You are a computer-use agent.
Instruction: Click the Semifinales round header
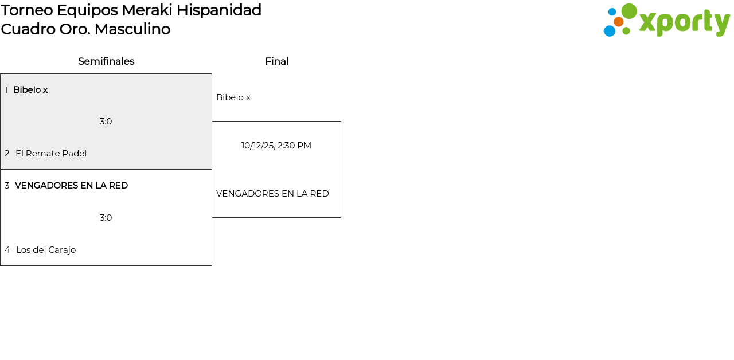click(x=106, y=61)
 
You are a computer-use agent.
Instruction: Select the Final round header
click(x=276, y=61)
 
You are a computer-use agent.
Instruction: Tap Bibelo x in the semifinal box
click(x=30, y=90)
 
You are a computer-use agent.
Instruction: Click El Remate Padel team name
click(x=51, y=154)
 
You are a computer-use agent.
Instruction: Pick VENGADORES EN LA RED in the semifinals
click(x=71, y=186)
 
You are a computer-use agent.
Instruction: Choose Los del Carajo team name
click(x=46, y=250)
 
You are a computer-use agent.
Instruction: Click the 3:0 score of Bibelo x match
click(x=106, y=122)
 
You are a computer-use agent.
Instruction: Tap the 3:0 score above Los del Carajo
click(x=106, y=218)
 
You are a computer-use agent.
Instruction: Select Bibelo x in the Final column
click(x=233, y=97)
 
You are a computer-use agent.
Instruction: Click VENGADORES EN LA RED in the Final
click(x=272, y=194)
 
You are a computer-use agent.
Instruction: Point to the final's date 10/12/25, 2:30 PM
click(x=276, y=146)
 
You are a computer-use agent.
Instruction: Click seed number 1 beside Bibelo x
click(x=6, y=90)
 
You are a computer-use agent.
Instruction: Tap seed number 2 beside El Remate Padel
click(x=7, y=154)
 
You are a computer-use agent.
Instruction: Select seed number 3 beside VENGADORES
click(x=7, y=186)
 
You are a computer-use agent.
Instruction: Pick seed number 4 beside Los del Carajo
click(x=7, y=250)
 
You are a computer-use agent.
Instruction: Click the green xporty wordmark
click(x=684, y=23)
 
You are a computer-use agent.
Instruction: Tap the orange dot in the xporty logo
click(x=618, y=22)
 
